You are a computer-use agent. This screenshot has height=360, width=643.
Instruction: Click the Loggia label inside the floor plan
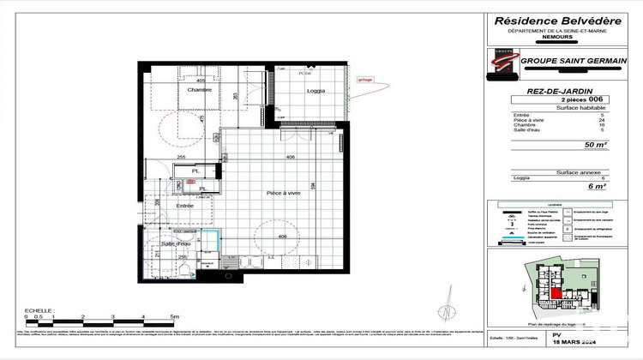coord(316,92)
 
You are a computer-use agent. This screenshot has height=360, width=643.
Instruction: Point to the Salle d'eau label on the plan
coord(175,245)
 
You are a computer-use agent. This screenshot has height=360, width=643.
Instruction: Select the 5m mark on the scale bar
coord(173,316)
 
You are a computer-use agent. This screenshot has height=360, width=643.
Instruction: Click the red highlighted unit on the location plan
coord(557,295)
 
